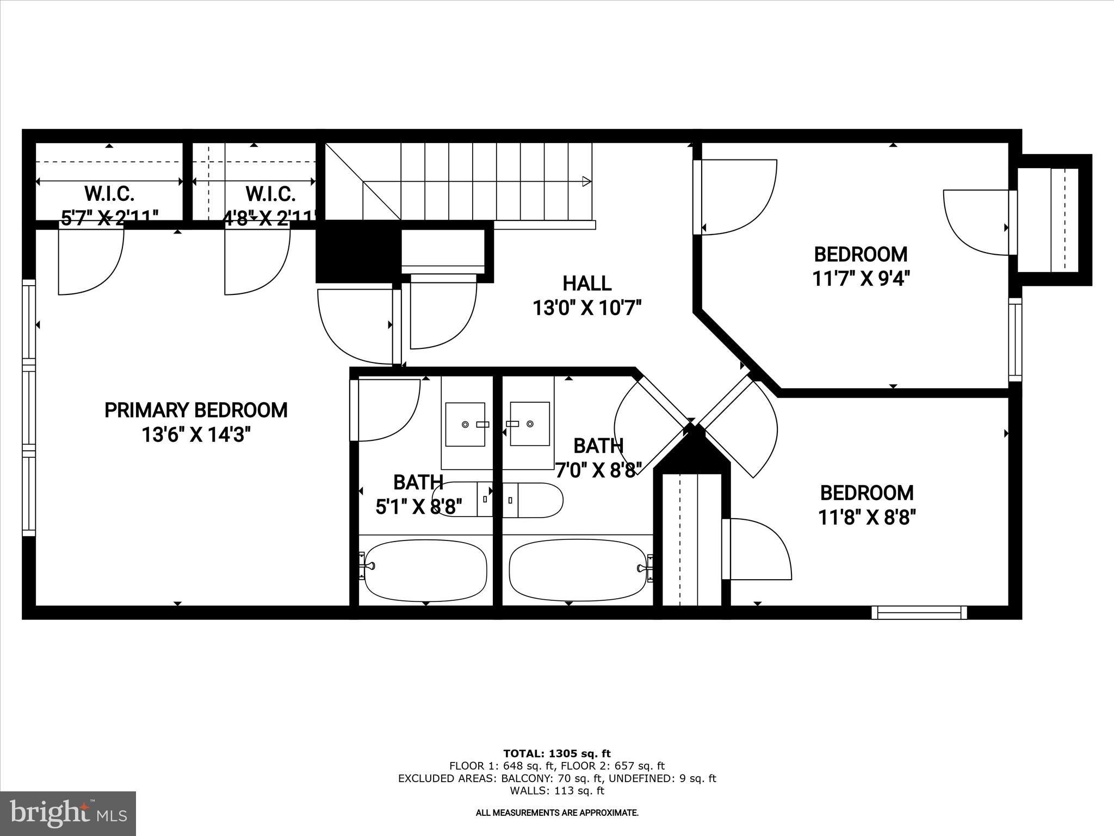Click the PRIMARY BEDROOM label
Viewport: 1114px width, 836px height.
pyautogui.click(x=196, y=410)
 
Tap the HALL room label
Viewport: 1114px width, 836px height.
pyautogui.click(x=586, y=284)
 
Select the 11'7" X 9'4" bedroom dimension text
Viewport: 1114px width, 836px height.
pyautogui.click(x=861, y=279)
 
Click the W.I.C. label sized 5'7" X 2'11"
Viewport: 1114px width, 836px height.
pyautogui.click(x=109, y=193)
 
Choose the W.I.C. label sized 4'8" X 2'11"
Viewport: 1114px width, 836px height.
pyautogui.click(x=270, y=193)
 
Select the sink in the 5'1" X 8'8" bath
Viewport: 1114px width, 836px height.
pyautogui.click(x=465, y=425)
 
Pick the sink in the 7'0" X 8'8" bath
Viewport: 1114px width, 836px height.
pyautogui.click(x=529, y=424)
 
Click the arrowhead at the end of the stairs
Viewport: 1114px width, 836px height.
pyautogui.click(x=586, y=181)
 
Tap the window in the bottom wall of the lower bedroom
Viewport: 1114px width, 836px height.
pyautogui.click(x=919, y=612)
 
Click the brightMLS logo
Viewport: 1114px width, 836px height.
pyautogui.click(x=68, y=813)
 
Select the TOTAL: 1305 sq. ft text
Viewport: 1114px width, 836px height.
pyautogui.click(x=556, y=754)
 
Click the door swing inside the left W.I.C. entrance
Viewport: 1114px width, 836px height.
pyautogui.click(x=91, y=261)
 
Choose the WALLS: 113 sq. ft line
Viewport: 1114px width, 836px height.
pyautogui.click(x=556, y=791)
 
